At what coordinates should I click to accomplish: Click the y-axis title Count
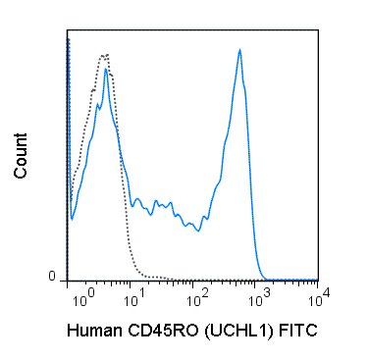click(x=21, y=158)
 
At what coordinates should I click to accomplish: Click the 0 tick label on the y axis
click(x=54, y=278)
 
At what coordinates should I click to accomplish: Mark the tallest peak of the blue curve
click(x=239, y=51)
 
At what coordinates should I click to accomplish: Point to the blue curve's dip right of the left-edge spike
click(x=71, y=218)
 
